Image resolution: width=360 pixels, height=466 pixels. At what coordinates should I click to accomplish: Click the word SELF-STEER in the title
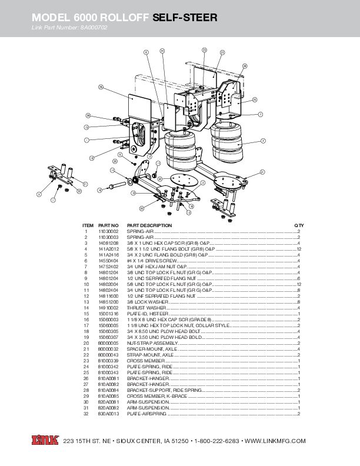pyautogui.click(x=185, y=19)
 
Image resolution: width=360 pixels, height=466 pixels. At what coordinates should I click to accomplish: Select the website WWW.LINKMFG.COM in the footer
pyautogui.click(x=275, y=441)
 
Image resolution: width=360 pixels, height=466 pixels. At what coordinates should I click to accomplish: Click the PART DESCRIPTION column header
pyautogui.click(x=149, y=225)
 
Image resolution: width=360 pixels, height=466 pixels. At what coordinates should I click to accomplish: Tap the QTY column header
pyautogui.click(x=298, y=225)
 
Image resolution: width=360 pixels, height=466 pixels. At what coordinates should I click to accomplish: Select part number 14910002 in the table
pyautogui.click(x=108, y=308)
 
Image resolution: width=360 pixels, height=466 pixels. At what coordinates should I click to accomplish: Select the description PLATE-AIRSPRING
pyautogui.click(x=143, y=413)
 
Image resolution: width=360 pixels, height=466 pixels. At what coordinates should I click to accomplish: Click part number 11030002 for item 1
pyautogui.click(x=108, y=232)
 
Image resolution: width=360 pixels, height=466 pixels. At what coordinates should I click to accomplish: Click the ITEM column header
pyautogui.click(x=88, y=225)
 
